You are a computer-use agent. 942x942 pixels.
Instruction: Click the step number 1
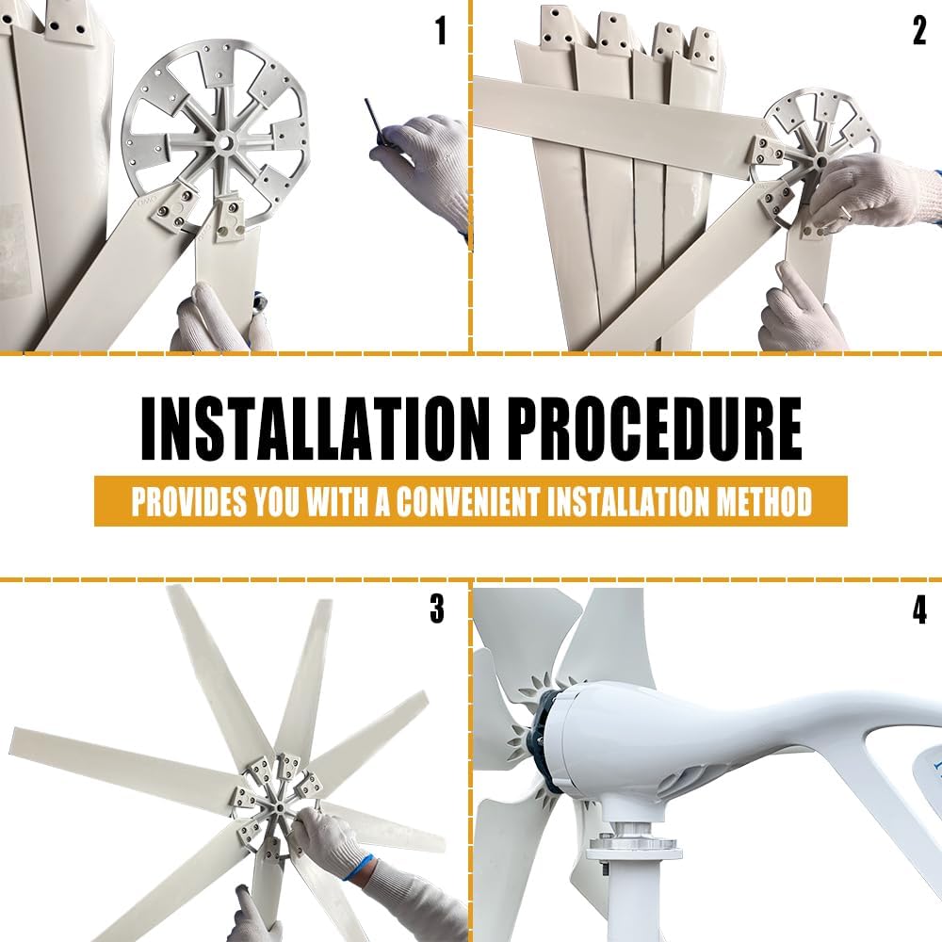point(440,33)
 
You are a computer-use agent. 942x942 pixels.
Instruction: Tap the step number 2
point(919,33)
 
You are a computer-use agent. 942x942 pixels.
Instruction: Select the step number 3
point(437,609)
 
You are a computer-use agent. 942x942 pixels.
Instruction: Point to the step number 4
point(919,609)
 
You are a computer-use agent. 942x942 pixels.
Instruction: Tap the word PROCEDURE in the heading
point(656,430)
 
